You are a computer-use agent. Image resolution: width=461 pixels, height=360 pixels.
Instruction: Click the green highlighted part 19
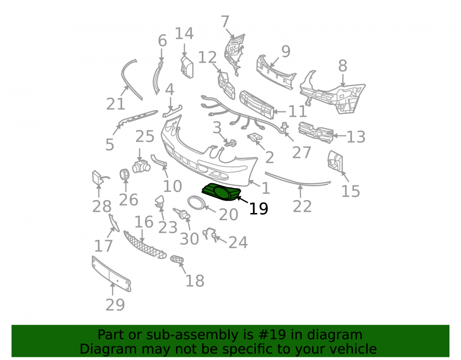tap(221, 192)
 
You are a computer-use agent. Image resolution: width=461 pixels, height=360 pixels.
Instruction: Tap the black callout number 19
tap(259, 209)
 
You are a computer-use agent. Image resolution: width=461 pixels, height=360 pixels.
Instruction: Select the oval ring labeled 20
tap(196, 202)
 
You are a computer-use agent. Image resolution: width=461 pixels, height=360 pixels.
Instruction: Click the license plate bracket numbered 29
tap(111, 274)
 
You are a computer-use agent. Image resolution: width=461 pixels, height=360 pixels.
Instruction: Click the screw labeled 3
tap(230, 143)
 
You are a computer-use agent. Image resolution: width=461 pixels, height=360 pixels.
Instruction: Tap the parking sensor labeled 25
tap(141, 166)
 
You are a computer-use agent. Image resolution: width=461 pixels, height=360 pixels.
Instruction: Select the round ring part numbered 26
tap(124, 174)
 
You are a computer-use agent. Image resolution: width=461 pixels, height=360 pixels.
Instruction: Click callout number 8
tap(343, 66)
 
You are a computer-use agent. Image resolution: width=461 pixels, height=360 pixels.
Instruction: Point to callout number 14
tap(184, 33)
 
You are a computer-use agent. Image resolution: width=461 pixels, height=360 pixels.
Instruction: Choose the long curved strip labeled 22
tap(297, 180)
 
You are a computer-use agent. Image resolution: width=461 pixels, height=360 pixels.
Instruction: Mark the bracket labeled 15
tap(335, 161)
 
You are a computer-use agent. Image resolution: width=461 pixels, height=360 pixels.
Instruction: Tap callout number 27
tap(301, 153)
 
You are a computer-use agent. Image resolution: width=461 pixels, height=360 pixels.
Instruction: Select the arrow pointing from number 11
tap(280, 112)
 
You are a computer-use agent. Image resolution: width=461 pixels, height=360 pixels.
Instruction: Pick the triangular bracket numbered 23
tap(160, 201)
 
